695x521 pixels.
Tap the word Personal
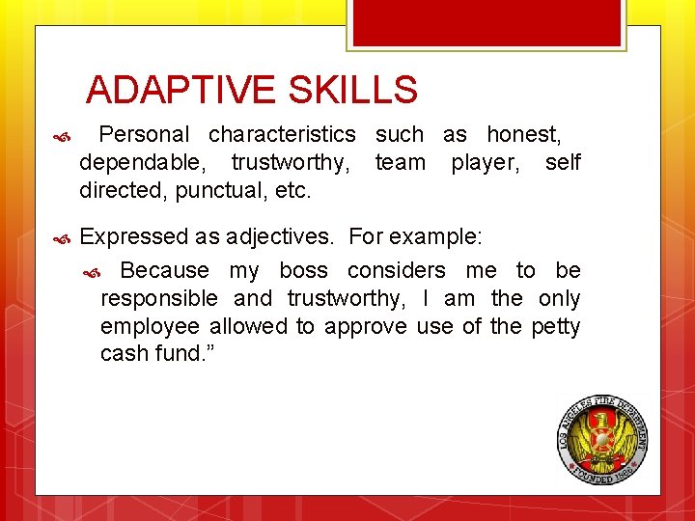144,134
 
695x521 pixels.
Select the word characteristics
282,134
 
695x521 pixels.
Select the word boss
303,270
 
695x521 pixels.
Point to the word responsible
160,298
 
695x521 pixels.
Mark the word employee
150,326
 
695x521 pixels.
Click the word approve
366,326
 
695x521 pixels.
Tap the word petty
556,326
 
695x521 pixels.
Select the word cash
123,354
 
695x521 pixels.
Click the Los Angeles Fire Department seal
601,440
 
